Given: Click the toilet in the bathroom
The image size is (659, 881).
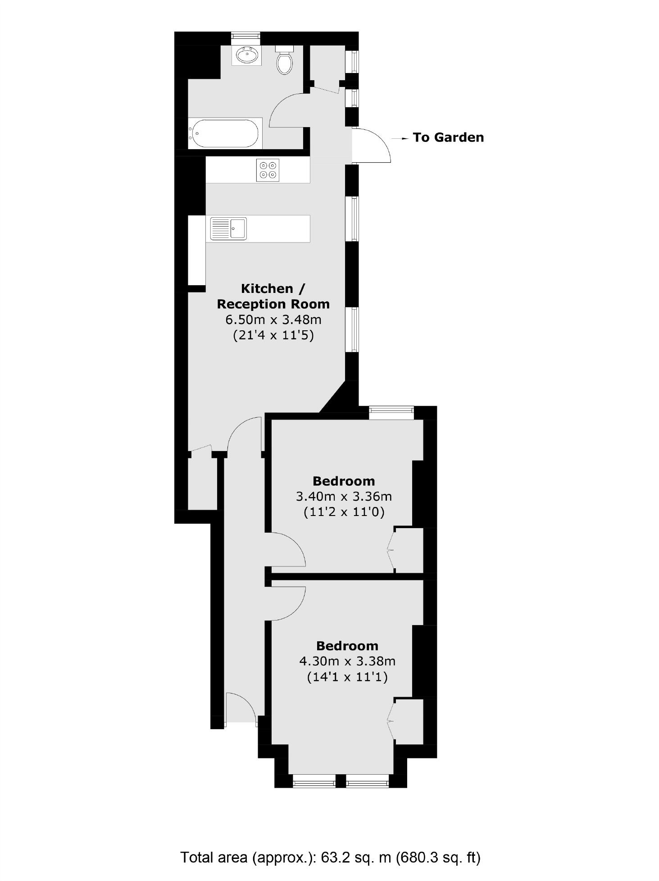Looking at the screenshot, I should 284,61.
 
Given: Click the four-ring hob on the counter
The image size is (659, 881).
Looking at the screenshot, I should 268,170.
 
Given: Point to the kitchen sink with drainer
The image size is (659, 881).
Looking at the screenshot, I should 229,228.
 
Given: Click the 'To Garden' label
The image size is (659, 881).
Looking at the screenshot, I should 448,137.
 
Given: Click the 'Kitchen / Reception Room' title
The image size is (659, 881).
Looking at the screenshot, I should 273,296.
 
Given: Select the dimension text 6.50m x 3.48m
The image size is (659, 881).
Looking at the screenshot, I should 273,320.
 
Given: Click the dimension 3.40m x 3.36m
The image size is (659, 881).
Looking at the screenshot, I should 344,497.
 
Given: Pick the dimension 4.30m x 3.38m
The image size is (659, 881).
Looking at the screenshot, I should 347,661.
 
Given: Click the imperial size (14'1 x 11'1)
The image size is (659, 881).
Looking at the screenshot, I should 347,677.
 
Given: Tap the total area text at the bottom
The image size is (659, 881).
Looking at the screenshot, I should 330,857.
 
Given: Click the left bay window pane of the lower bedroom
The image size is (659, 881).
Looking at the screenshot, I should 314,781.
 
